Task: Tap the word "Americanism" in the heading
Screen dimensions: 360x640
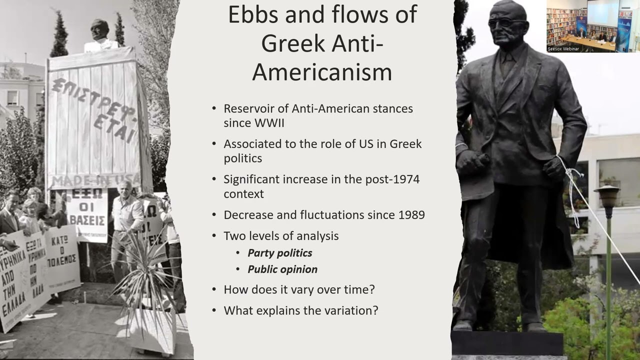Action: pyautogui.click(x=322, y=71)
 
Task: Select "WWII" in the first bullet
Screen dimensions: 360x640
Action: pyautogui.click(x=267, y=123)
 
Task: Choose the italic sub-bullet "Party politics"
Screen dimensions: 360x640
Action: pyautogui.click(x=280, y=253)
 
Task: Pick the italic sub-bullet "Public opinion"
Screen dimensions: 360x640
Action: pyautogui.click(x=282, y=269)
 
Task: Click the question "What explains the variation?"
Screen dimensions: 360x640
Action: pyautogui.click(x=300, y=310)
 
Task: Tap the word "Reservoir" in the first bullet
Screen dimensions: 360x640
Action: pyautogui.click(x=248, y=108)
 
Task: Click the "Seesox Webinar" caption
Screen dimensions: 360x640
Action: pyautogui.click(x=563, y=48)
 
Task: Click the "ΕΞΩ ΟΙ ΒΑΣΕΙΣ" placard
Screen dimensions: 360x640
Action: pyautogui.click(x=87, y=215)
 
